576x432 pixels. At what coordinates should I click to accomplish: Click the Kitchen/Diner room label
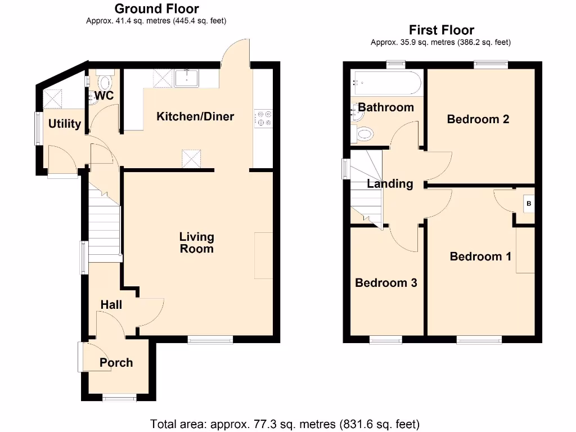pyautogui.click(x=195, y=116)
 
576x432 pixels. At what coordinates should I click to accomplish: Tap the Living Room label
pyautogui.click(x=196, y=242)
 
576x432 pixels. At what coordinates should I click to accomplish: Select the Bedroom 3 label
pyautogui.click(x=386, y=282)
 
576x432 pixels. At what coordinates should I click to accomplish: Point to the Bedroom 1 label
pyautogui.click(x=480, y=256)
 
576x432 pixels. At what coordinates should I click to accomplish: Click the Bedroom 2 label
pyautogui.click(x=478, y=119)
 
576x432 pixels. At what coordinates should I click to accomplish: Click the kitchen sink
pyautogui.click(x=187, y=78)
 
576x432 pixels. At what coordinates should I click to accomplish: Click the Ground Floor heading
pyautogui.click(x=156, y=8)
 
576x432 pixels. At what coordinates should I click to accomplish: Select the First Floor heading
pyautogui.click(x=441, y=30)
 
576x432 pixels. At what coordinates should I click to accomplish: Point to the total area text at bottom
pyautogui.click(x=285, y=423)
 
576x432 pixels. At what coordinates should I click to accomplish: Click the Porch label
pyautogui.click(x=116, y=362)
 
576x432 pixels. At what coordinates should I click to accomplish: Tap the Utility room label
pyautogui.click(x=64, y=124)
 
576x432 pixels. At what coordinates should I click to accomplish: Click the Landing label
pyautogui.click(x=390, y=183)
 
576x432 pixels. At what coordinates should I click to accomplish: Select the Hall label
pyautogui.click(x=111, y=304)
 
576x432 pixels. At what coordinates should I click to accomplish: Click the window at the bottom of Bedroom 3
pyautogui.click(x=386, y=340)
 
